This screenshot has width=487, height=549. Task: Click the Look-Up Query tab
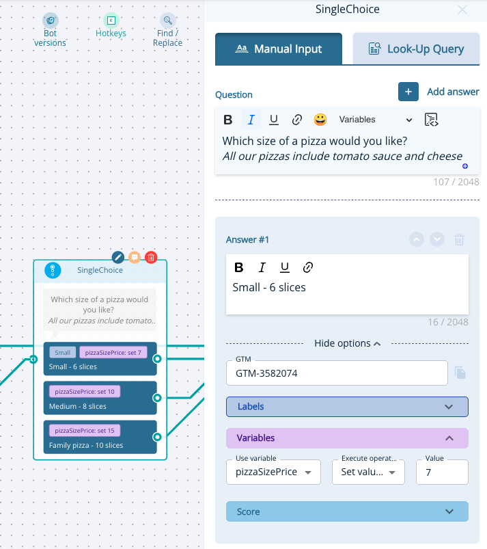click(416, 49)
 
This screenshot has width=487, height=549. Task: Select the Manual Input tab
click(279, 49)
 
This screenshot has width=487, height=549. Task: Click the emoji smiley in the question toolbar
click(320, 120)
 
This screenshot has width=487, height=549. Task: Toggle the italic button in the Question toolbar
click(251, 120)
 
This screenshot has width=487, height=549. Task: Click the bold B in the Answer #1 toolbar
click(239, 267)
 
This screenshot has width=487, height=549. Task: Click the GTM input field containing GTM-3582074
click(337, 373)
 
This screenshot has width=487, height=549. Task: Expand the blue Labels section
click(347, 407)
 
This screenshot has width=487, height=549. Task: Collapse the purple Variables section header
click(347, 438)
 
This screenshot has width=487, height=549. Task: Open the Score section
click(347, 511)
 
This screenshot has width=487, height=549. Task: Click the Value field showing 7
click(442, 472)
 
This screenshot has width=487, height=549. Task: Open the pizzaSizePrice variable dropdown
click(273, 472)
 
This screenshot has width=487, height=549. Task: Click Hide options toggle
click(347, 343)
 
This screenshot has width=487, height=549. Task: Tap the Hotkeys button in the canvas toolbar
click(111, 26)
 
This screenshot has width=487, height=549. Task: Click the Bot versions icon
click(51, 21)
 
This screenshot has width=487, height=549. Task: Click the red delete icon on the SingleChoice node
click(151, 257)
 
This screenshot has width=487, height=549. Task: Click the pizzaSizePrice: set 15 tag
click(85, 431)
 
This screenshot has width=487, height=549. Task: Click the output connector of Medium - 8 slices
click(157, 398)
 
